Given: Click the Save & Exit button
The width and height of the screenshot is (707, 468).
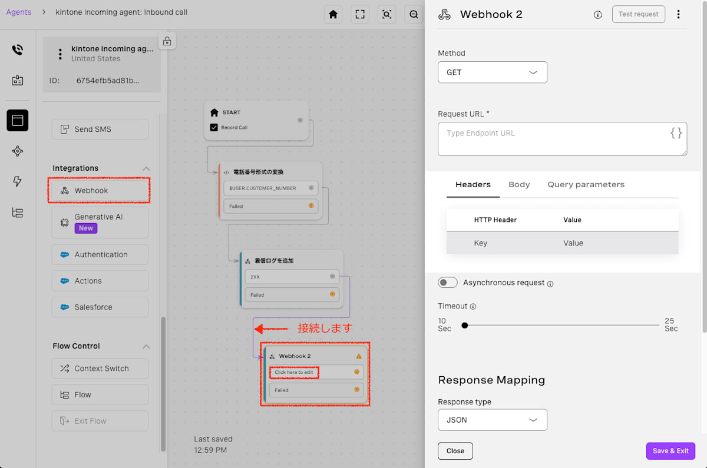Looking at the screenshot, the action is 670,451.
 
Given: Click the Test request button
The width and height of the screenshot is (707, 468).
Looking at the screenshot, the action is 638,14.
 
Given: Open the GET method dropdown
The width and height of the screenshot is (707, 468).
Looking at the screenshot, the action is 492,72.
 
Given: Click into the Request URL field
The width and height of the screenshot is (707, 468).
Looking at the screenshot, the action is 562,139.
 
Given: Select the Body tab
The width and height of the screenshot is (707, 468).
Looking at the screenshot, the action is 519,184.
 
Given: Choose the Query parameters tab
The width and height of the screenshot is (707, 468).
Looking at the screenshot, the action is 586,184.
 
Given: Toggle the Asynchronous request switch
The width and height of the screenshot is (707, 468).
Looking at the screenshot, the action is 447,282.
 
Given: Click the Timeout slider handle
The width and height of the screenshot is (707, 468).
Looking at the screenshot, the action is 465,325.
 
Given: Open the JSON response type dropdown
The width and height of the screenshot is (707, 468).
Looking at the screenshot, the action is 492,420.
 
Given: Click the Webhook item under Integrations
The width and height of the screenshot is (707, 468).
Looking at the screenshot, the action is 100,191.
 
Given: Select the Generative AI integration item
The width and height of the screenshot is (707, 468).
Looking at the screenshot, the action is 100,223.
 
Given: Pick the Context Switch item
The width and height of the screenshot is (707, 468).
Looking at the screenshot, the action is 100,369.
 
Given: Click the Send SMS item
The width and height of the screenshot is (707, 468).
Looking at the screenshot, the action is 100,130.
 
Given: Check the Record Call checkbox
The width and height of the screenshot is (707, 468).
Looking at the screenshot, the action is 214,127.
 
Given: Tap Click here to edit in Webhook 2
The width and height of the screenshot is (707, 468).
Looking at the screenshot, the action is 293,372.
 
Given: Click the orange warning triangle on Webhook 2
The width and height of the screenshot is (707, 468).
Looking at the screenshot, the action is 359,356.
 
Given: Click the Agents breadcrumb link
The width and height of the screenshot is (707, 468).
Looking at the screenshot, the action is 19,12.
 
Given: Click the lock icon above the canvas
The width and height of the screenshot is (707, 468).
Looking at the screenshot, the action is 167,41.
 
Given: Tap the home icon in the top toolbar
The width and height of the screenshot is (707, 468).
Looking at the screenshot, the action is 333,14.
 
